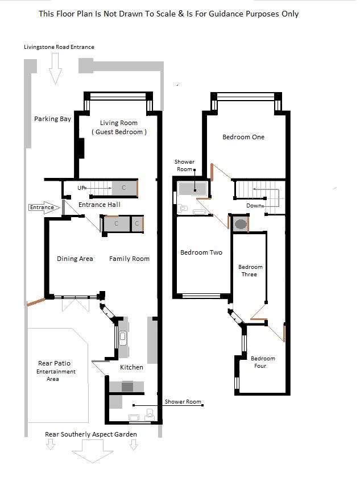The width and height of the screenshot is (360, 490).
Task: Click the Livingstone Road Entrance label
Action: tap(59, 47)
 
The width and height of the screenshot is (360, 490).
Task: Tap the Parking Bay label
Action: tap(52, 119)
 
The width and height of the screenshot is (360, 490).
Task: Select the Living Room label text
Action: tap(119, 123)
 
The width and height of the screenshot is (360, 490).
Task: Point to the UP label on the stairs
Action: tap(82, 187)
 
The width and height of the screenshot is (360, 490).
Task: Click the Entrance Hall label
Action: tap(100, 205)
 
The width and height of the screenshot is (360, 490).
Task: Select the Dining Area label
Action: tap(75, 259)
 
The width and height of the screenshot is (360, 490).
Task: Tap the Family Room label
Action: tap(130, 259)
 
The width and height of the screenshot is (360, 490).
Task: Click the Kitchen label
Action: tap(131, 367)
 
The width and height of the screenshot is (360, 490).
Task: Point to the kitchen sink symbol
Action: tap(122, 338)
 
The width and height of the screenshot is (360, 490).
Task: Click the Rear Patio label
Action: tap(55, 363)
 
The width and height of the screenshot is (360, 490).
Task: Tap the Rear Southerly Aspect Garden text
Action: tap(91, 434)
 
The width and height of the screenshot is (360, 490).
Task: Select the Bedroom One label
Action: tap(243, 137)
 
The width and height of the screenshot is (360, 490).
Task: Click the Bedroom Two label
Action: tap(201, 252)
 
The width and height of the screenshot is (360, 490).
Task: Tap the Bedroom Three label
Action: tap(250, 271)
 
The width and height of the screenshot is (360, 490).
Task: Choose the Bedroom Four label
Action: tap(263, 362)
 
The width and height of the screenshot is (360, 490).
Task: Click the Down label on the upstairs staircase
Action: tap(254, 205)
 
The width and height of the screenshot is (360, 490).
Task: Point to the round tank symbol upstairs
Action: tap(241, 224)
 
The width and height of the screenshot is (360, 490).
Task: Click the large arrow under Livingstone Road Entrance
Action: tap(56, 68)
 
